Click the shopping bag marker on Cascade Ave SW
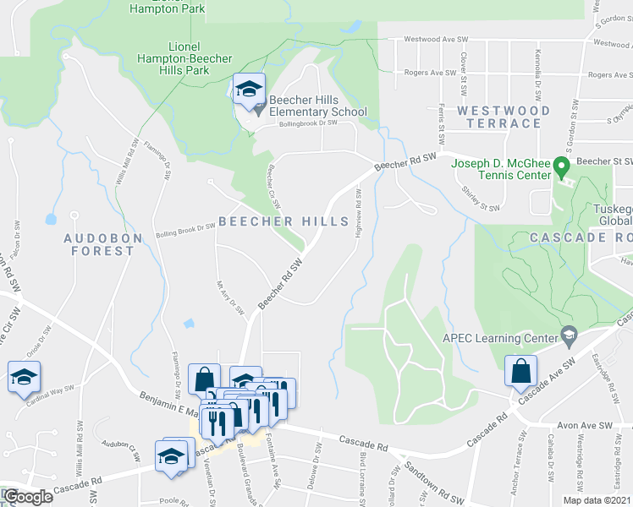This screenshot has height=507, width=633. (x=520, y=372)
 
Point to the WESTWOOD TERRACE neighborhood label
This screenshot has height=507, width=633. (x=504, y=117)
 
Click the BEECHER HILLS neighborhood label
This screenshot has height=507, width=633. (x=283, y=221)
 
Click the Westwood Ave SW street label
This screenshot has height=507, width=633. (x=436, y=39)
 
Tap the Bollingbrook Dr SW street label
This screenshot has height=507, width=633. (x=308, y=123)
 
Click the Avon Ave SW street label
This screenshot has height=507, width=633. (x=582, y=427)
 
